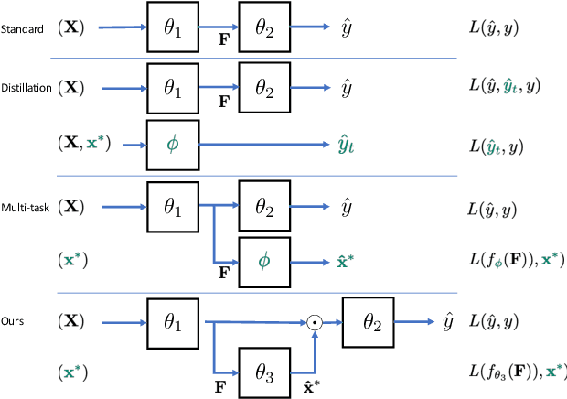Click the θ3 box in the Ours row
(x=265, y=372)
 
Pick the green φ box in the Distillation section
(x=173, y=145)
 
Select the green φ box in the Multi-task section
(x=265, y=261)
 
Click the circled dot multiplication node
(x=314, y=322)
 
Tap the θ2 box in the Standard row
(x=264, y=28)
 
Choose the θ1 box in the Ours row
(x=173, y=322)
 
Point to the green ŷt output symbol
(x=344, y=145)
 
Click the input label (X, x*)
(x=89, y=145)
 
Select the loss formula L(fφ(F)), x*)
(x=512, y=261)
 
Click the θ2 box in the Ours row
(x=368, y=322)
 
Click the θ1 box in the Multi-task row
(x=173, y=207)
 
